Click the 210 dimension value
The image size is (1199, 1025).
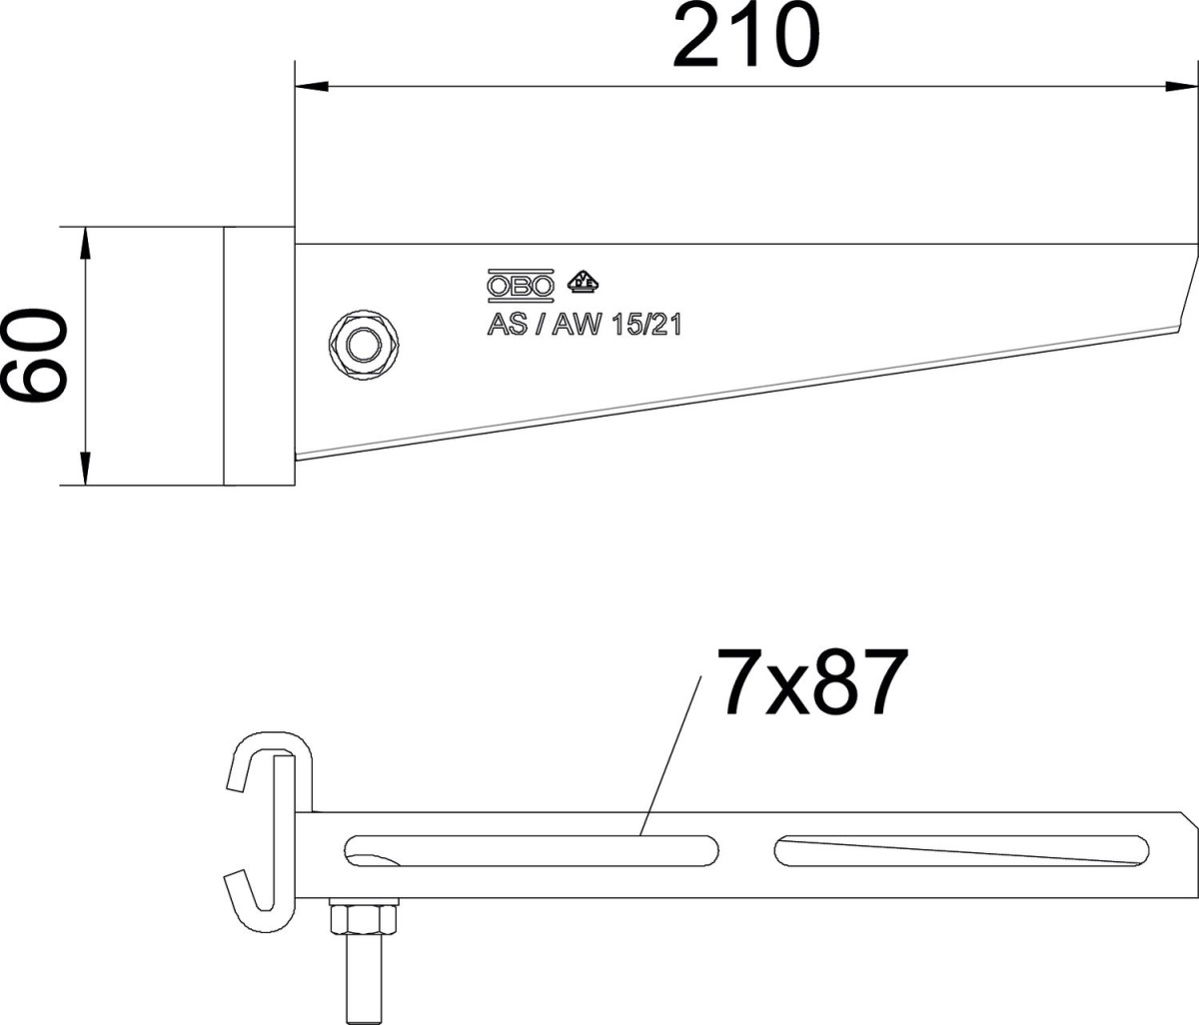coord(746,36)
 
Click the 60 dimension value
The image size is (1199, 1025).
coord(34,355)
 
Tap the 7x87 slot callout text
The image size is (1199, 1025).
coord(812,681)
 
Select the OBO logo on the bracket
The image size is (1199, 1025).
coord(521,286)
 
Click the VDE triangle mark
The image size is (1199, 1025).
coord(583,281)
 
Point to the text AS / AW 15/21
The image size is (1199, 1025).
coord(585,325)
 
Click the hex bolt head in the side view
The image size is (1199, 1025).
coord(364,345)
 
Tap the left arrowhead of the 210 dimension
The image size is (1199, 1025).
coord(312,87)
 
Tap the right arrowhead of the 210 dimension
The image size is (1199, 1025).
coord(1182,87)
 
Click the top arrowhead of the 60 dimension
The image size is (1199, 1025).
coord(85,244)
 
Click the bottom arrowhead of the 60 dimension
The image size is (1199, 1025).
coord(85,469)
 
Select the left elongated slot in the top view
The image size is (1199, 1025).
coord(532,851)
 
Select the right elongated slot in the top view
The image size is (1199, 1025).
coord(961,851)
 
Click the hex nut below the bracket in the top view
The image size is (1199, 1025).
coord(364,919)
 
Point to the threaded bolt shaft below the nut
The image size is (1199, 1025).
coord(364,978)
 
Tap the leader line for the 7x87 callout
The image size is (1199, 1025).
coord(670,755)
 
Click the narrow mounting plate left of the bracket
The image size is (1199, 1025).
coord(260,357)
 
